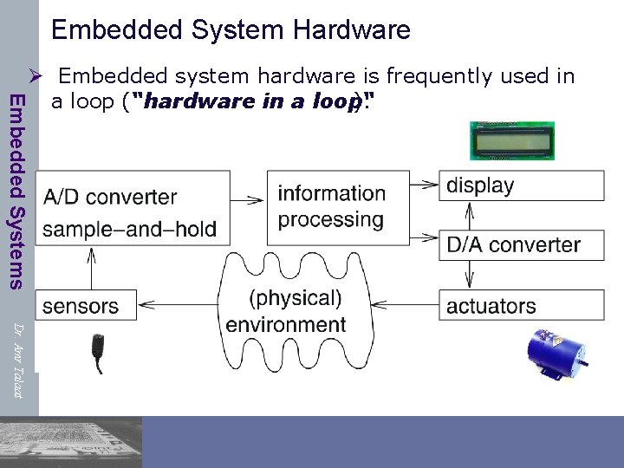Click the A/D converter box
click(x=109, y=198)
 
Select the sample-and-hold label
click(x=129, y=230)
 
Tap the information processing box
click(x=331, y=205)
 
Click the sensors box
click(x=81, y=305)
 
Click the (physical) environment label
click(x=286, y=311)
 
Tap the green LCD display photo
click(x=511, y=140)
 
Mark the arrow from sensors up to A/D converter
click(x=91, y=267)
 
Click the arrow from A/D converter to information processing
click(x=249, y=198)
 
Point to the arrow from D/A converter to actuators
click(x=468, y=274)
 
